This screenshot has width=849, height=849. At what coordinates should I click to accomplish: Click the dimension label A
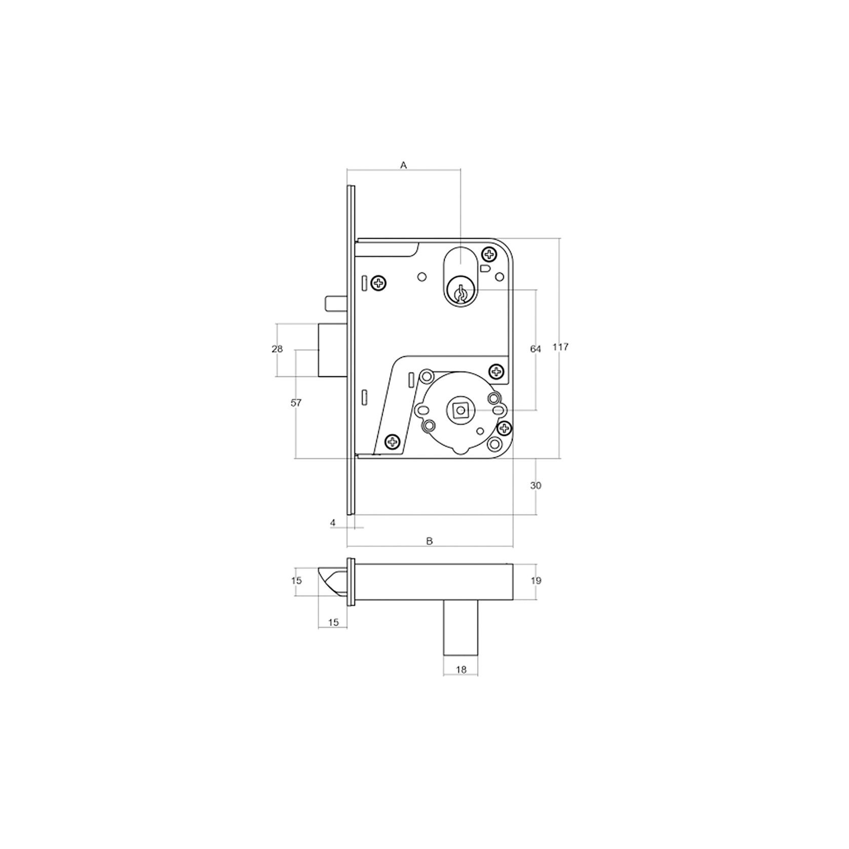coord(404,165)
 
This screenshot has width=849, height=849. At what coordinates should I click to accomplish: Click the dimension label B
coord(430,541)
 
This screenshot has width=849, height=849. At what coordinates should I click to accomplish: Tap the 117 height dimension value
coord(561,348)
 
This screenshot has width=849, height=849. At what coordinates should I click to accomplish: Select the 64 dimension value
coord(535,349)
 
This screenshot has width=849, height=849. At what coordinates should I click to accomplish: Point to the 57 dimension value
coord(296,403)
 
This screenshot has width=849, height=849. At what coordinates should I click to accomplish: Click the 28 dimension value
coord(277,349)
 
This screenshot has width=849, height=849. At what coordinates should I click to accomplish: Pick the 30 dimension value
coord(535,486)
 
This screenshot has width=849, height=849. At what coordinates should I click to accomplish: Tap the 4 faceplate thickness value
coord(333,522)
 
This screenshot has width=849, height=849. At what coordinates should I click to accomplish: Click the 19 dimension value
coord(535,581)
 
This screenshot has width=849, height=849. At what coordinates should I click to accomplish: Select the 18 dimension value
coord(461,670)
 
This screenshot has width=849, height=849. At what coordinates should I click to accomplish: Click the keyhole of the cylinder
coord(460,294)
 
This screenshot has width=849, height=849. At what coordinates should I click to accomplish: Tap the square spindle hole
coord(460,409)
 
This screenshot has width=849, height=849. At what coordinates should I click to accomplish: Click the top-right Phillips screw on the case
coord(489,253)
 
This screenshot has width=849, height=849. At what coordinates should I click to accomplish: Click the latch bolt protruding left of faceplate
coord(332,350)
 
